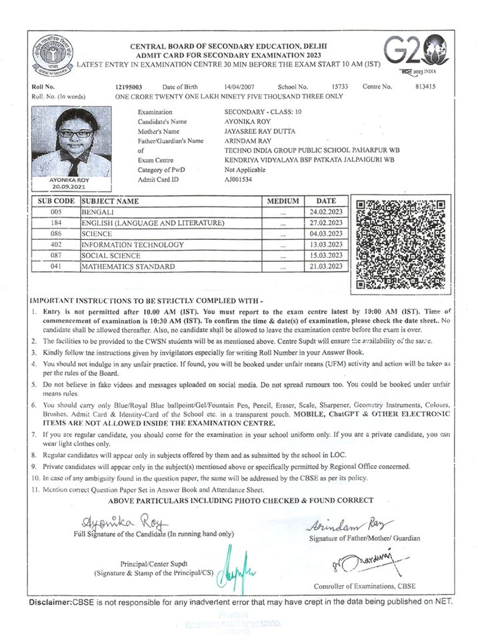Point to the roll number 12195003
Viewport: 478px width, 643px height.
129,87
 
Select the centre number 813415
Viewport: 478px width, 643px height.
425,87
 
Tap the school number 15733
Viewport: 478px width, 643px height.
339,87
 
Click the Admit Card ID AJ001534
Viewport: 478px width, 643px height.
239,180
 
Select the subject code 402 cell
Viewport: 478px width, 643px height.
56,245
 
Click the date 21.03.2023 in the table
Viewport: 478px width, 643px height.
327,267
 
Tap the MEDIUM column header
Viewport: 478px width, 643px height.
283,201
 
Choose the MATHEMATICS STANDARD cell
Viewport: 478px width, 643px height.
128,267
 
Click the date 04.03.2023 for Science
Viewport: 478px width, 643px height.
327,233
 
